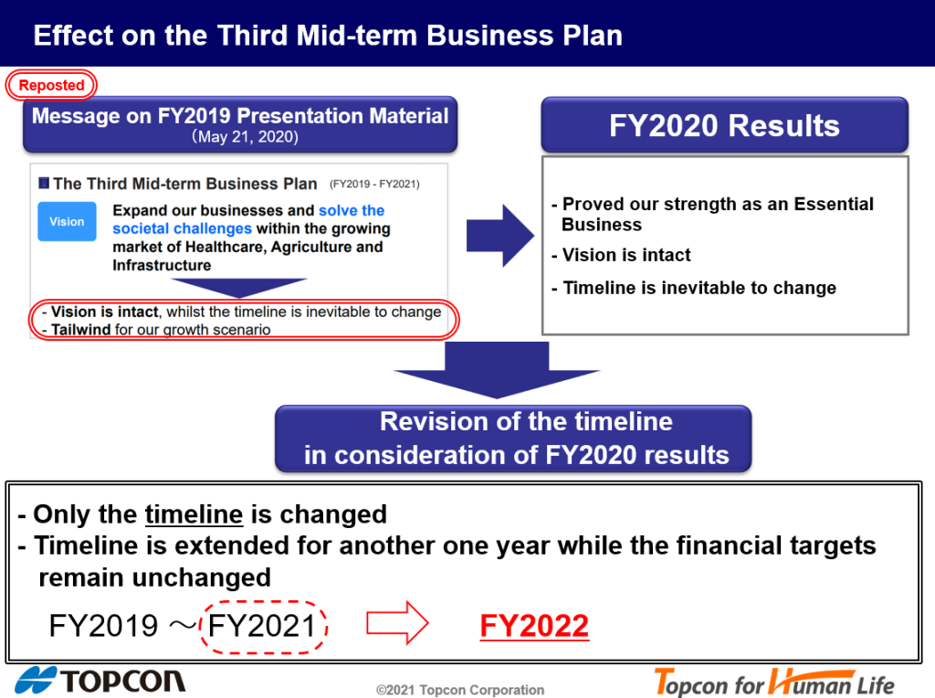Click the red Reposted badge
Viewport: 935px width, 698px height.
(51, 85)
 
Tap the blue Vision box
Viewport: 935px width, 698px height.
(67, 221)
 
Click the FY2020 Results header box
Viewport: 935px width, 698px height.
(724, 125)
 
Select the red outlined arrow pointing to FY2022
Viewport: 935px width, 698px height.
(397, 623)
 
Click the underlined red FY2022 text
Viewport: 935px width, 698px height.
(534, 626)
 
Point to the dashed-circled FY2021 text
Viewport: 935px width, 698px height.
(262, 627)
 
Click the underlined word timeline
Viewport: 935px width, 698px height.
(194, 514)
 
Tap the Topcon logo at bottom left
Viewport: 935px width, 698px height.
(100, 681)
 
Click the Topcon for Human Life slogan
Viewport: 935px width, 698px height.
(774, 682)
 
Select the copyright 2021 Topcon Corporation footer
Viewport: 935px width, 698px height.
(460, 690)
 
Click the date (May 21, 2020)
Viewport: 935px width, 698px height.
(245, 137)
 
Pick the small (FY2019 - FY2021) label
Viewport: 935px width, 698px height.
(374, 184)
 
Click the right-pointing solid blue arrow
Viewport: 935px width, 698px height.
(500, 235)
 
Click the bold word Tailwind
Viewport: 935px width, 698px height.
(80, 329)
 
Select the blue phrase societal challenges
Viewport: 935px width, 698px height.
(182, 228)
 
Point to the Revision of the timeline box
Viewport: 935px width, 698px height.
(513, 439)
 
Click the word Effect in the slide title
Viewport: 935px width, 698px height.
(73, 36)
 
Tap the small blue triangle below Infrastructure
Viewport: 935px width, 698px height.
(238, 288)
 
